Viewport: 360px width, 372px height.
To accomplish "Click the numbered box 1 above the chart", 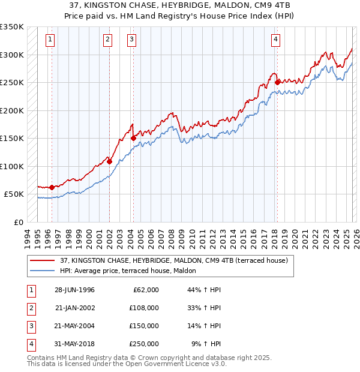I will pos(50,40).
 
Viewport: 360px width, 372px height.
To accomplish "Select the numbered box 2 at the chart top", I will pos(107,40).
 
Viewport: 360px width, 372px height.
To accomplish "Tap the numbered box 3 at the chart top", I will pos(131,40).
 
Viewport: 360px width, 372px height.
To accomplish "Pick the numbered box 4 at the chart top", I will pos(275,40).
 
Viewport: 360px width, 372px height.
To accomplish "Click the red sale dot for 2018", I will pos(277,82).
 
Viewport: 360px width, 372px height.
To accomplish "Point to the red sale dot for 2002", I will pos(110,161).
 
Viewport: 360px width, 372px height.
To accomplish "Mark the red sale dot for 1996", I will pos(52,187).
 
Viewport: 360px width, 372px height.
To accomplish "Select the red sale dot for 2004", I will pos(133,138).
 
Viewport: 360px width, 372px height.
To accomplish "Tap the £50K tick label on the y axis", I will pos(14,194).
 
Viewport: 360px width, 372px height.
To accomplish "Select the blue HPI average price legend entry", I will pos(132,271).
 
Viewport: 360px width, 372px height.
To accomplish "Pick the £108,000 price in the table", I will pos(143,308).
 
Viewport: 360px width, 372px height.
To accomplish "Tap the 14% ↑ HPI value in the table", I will pos(205,326).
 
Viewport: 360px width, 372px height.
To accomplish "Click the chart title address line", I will pos(180,5).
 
